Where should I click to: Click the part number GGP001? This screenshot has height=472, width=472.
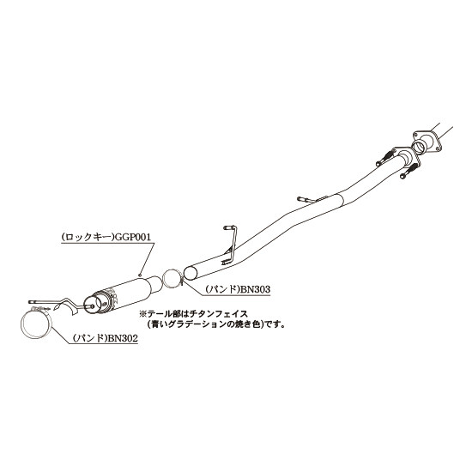pos(133,237)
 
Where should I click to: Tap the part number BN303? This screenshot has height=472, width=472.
pos(254,289)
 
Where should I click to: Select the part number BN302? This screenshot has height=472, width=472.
pos(123,338)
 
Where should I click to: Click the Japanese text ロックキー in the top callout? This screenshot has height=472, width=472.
pos(88,237)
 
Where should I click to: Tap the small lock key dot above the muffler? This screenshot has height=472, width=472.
pos(140,275)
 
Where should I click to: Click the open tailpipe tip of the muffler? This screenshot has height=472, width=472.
pos(94,305)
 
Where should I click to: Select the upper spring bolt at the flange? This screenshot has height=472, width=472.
pos(386,157)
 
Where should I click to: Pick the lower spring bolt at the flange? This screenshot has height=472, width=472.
pos(409,171)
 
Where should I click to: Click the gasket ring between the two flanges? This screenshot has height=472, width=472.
pos(420,145)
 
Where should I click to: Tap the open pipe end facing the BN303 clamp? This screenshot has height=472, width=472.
pos(191,273)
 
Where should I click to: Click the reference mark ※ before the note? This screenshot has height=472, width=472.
pos(142,314)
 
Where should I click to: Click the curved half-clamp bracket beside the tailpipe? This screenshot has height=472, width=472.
pos(68,307)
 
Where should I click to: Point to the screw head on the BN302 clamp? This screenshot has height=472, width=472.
pos(39,308)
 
